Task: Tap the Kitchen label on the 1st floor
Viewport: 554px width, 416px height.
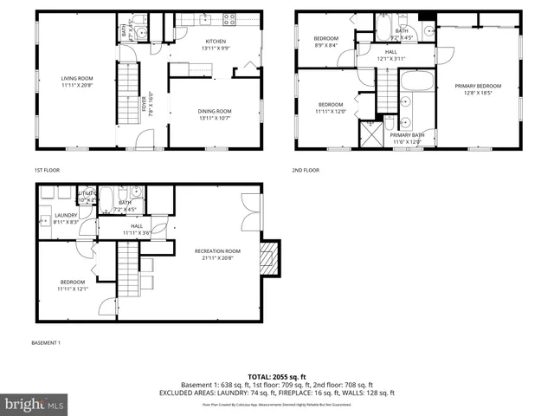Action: tap(215, 45)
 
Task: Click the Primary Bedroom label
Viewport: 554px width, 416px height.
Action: tap(478, 89)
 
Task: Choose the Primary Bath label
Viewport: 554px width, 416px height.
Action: tap(407, 139)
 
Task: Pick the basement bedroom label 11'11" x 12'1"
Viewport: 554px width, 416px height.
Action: tap(73, 285)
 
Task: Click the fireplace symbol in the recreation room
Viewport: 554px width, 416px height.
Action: tap(270, 258)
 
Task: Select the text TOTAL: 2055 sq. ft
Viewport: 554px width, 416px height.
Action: tap(276, 377)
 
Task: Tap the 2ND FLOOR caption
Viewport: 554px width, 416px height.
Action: tap(305, 170)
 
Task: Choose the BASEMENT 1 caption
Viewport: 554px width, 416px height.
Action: tap(46, 343)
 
